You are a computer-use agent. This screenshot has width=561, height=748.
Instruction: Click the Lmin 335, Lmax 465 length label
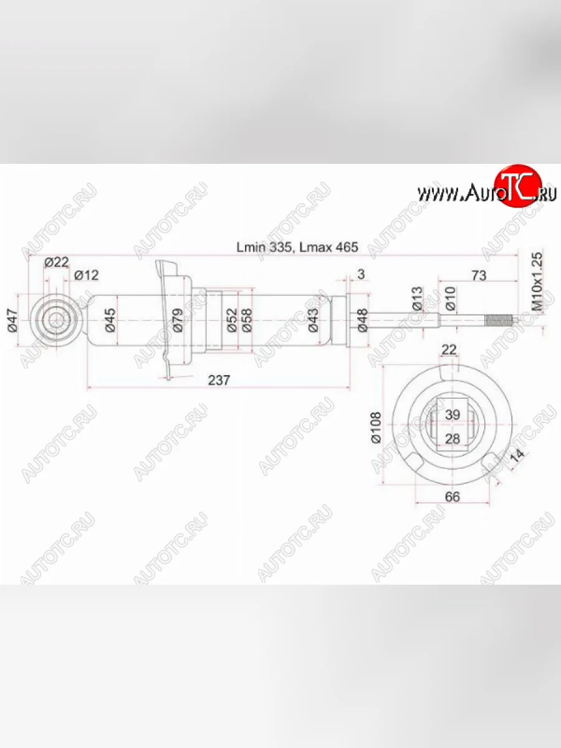[297, 247]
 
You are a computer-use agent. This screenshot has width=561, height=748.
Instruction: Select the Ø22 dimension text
[57, 262]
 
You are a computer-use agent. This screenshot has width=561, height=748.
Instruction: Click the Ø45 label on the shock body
[110, 320]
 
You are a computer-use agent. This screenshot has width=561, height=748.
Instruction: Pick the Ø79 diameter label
[177, 320]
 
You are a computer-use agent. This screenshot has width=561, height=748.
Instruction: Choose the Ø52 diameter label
[231, 320]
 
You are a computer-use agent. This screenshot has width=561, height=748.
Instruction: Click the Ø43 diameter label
[314, 320]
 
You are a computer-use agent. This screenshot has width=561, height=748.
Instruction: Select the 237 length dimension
[219, 380]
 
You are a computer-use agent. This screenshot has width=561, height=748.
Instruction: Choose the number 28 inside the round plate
[453, 439]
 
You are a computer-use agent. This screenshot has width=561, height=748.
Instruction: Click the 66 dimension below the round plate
[453, 496]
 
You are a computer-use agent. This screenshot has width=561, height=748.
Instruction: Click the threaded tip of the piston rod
[499, 322]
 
